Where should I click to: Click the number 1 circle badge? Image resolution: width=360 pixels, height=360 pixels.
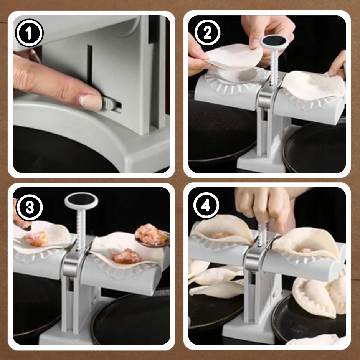(x=29, y=33)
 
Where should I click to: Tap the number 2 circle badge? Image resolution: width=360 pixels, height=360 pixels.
(x=207, y=33)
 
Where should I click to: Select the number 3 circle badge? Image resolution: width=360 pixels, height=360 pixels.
(x=30, y=208)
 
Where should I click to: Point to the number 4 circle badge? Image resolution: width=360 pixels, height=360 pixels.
(x=206, y=205)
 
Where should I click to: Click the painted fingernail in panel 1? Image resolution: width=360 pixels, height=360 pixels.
(x=90, y=102)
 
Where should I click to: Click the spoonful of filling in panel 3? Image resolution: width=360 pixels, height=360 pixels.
(x=152, y=236)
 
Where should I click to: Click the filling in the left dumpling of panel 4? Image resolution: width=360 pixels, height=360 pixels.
(x=222, y=234)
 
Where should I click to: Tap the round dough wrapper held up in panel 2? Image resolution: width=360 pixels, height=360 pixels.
(x=234, y=56)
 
